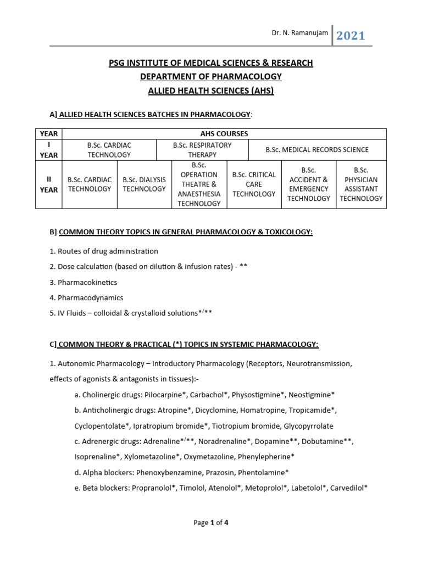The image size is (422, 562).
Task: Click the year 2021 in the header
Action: click(351, 36)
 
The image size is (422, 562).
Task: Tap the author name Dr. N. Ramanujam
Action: click(300, 33)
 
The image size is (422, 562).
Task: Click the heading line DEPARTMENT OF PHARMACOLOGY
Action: click(210, 76)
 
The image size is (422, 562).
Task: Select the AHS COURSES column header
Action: click(224, 133)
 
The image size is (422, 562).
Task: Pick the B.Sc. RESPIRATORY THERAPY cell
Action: click(202, 150)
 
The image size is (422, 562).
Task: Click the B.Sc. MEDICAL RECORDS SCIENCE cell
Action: click(317, 150)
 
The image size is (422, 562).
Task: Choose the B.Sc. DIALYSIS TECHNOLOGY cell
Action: click(144, 184)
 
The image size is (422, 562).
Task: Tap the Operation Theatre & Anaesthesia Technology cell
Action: click(199, 184)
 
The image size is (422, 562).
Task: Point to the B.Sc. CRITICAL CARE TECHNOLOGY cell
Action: click(253, 184)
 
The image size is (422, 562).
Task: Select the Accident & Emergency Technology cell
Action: click(308, 184)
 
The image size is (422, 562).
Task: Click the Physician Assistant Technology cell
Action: click(361, 184)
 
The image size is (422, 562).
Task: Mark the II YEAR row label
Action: click(49, 184)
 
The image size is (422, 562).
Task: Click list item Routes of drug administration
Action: click(104, 251)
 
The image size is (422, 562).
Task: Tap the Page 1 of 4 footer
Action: click(210, 523)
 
